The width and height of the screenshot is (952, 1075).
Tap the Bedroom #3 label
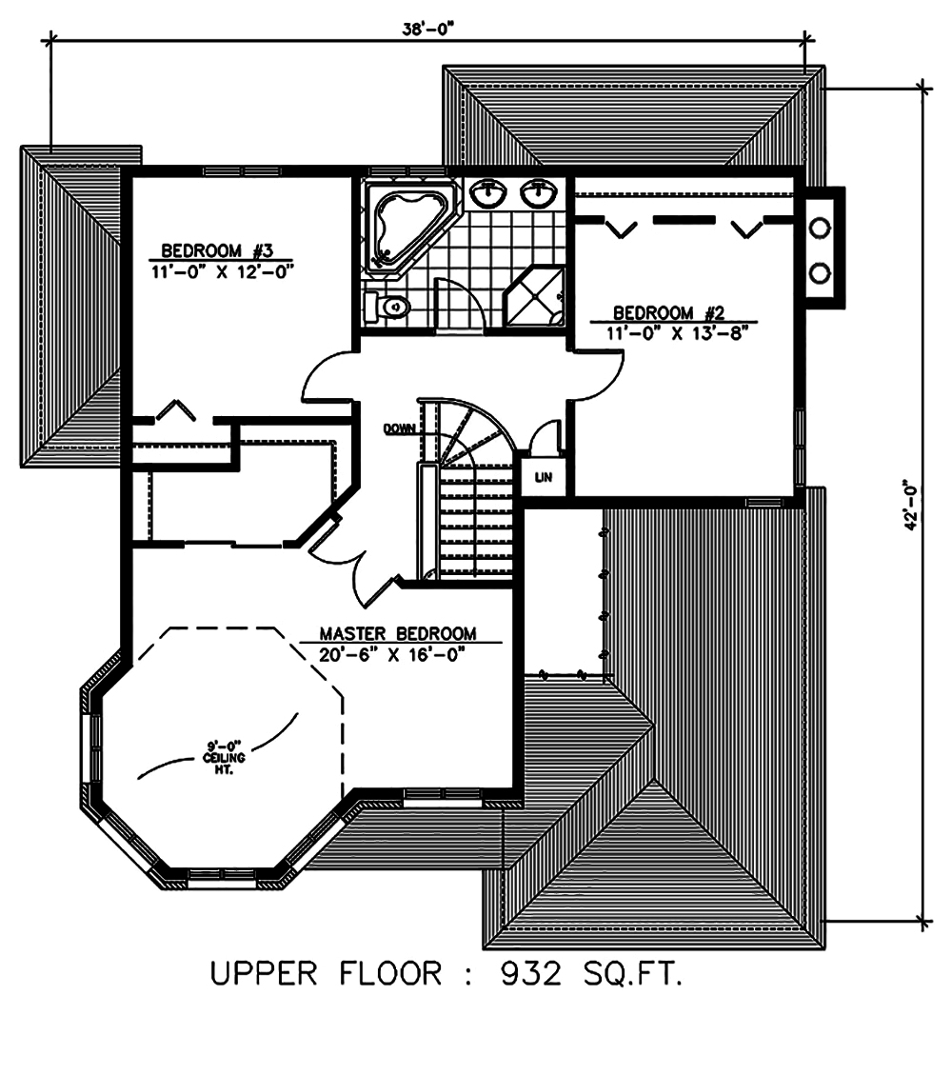tap(218, 251)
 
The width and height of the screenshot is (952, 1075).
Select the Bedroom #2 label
tap(670, 312)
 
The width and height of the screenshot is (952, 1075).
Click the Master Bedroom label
tap(398, 634)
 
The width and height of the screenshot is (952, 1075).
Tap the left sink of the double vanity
tap(490, 194)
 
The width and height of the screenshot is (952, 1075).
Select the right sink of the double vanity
tap(539, 194)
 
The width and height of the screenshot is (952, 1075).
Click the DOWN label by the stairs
tap(399, 429)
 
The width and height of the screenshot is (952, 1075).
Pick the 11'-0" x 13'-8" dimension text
tap(670, 332)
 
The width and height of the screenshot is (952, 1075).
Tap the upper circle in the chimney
tap(819, 229)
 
